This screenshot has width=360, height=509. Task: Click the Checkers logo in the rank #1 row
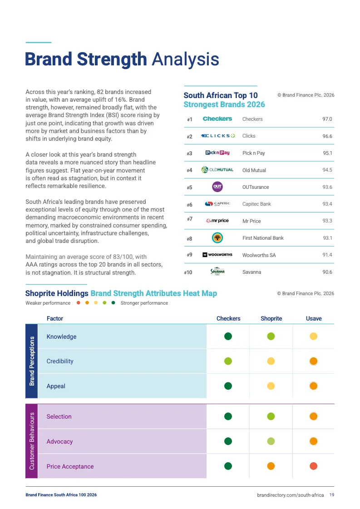pos(217,119)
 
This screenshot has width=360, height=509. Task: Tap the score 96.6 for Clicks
pos(327,136)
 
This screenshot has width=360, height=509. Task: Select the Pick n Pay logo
pos(217,153)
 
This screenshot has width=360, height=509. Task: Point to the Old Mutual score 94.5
pos(327,170)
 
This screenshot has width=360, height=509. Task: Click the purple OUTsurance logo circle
pos(217,187)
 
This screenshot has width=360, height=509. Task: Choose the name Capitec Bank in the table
pos(256,204)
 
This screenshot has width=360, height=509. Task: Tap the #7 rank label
pos(189,219)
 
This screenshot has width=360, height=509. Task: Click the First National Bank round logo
pos(217,237)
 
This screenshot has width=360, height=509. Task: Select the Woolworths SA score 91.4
pos(327,255)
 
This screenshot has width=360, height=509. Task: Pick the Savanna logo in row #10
pos(217,272)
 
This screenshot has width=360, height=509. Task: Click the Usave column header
pos(314,319)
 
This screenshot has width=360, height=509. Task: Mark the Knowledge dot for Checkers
pos(228,336)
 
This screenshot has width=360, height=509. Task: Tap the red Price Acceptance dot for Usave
pos(313,466)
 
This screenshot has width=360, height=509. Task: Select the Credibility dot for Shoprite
pos(271,361)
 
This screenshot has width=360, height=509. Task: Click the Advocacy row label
pos(59,441)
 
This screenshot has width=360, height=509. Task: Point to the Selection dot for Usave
pos(313,416)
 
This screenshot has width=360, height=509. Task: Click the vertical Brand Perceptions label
pos(32,361)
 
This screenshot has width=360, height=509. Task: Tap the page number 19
pos(332,495)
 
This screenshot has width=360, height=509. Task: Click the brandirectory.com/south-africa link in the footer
pos(290,495)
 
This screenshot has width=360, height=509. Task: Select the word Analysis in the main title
pos(185,59)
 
